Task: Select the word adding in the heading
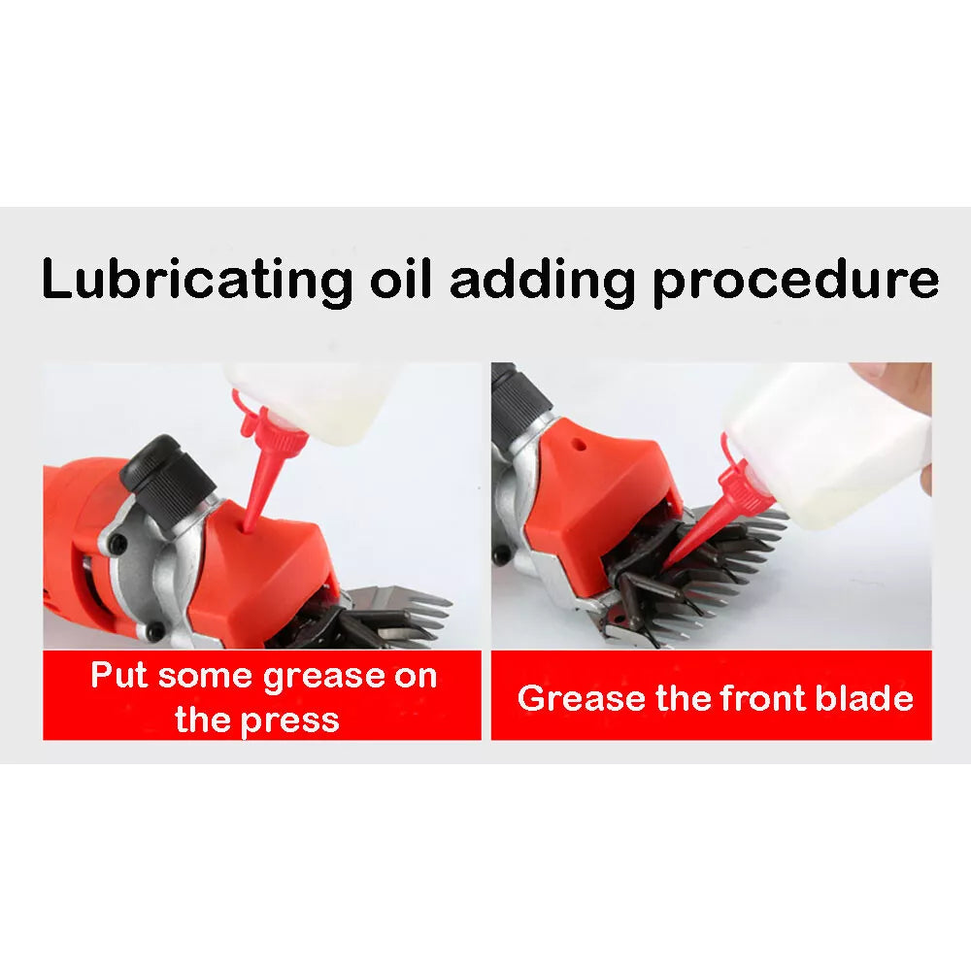(543, 282)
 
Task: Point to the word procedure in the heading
(796, 282)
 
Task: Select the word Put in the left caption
(118, 674)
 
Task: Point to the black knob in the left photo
(167, 475)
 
